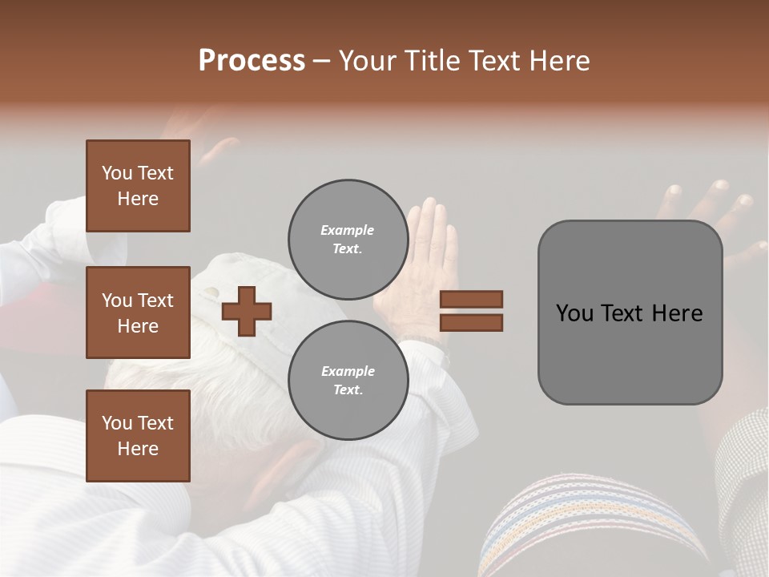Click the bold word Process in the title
click(x=252, y=61)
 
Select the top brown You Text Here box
click(x=138, y=186)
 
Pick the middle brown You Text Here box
click(x=138, y=313)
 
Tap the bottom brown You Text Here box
click(x=138, y=436)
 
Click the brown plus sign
click(x=246, y=311)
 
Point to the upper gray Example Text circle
click(x=348, y=239)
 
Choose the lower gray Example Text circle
click(x=348, y=380)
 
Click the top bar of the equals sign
click(x=471, y=299)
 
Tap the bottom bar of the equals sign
click(x=471, y=322)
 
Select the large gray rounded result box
click(x=630, y=313)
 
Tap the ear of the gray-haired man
click(x=296, y=465)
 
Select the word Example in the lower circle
click(x=348, y=371)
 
